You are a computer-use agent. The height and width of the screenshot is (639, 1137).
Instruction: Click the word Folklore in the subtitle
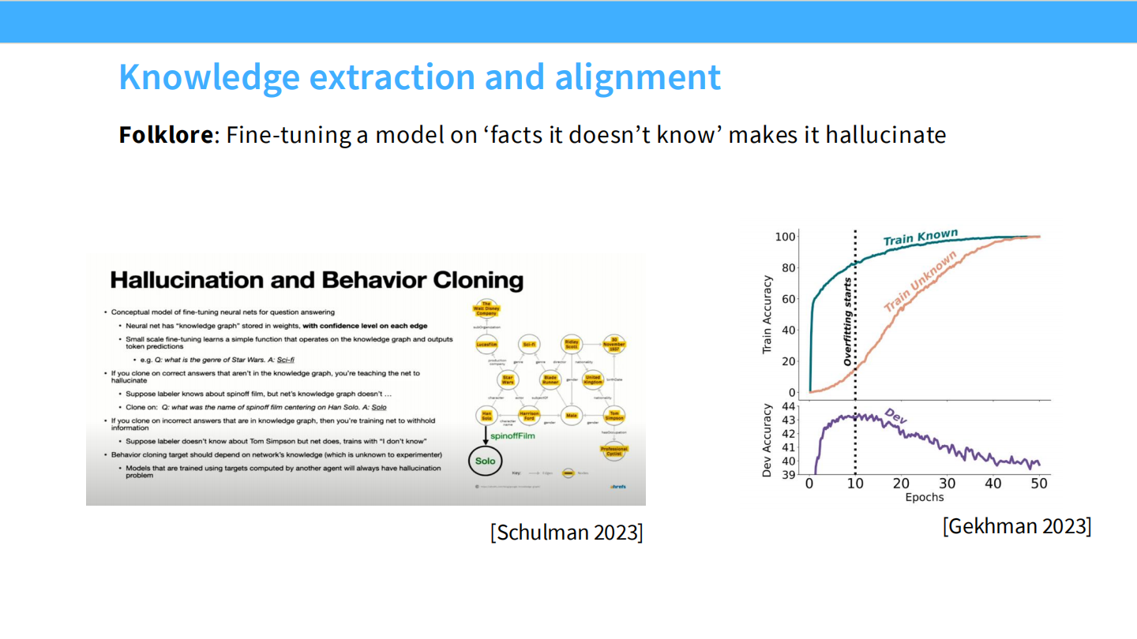[165, 135]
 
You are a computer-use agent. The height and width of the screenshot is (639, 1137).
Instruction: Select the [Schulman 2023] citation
[566, 532]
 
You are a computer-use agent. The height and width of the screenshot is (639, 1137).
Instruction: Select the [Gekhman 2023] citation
[1017, 526]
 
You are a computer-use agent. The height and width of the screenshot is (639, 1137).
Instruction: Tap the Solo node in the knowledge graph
[485, 461]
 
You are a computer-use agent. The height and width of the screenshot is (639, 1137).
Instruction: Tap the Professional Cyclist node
[614, 450]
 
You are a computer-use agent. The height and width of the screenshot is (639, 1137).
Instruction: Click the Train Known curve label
[920, 237]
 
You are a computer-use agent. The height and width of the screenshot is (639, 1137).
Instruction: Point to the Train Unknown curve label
[919, 282]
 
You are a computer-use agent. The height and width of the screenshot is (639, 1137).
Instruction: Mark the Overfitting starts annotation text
[848, 322]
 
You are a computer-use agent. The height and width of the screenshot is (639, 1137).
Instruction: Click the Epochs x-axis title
[924, 498]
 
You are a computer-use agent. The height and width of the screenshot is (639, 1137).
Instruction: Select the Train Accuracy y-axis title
[767, 314]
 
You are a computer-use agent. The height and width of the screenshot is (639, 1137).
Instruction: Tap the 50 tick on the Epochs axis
[1039, 484]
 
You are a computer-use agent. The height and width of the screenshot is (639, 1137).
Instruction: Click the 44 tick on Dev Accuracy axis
[788, 406]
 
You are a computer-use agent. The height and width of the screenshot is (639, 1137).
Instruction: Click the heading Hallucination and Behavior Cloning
[316, 280]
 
